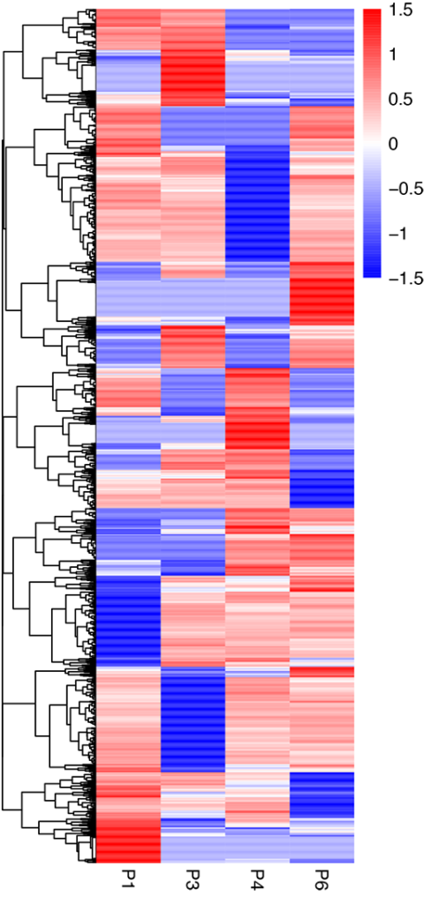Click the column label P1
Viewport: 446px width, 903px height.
(128, 877)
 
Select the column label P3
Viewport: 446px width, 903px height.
(193, 877)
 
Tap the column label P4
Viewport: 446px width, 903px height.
(257, 877)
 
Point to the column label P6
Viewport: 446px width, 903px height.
(321, 877)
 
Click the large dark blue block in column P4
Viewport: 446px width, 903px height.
(257, 203)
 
